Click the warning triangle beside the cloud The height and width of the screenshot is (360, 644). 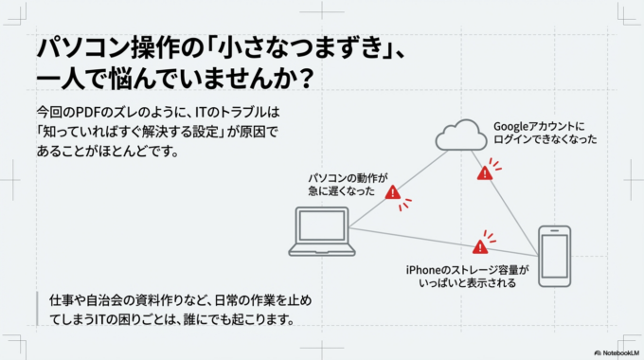coord(486,173)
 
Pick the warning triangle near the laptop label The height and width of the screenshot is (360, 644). coord(393,192)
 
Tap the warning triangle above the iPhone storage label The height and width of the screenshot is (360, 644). coord(480,246)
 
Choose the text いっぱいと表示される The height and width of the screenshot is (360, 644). coord(464,282)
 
